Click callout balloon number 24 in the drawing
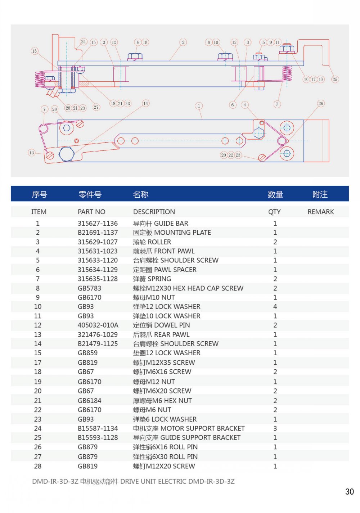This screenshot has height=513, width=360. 84,42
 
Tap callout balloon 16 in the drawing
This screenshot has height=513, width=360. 35,51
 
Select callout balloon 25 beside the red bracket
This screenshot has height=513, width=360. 335,79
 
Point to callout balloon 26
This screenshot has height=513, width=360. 320,104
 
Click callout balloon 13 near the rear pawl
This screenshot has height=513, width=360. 32,153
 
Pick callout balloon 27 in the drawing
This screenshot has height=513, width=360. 96,107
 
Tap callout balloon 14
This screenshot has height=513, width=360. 145,103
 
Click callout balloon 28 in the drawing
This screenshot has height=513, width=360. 54,109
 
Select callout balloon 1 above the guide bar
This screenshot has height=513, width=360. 199,106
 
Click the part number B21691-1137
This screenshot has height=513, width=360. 98,233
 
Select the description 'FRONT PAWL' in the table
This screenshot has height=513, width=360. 163,251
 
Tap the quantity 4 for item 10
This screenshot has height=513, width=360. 275,306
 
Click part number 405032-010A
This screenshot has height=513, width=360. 98,325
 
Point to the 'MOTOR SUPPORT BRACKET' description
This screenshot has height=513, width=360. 189,428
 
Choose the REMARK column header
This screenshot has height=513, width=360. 320,212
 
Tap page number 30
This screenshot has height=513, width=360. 349,492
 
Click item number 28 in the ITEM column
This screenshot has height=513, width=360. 37,466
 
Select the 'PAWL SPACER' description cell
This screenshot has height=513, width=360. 165,270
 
